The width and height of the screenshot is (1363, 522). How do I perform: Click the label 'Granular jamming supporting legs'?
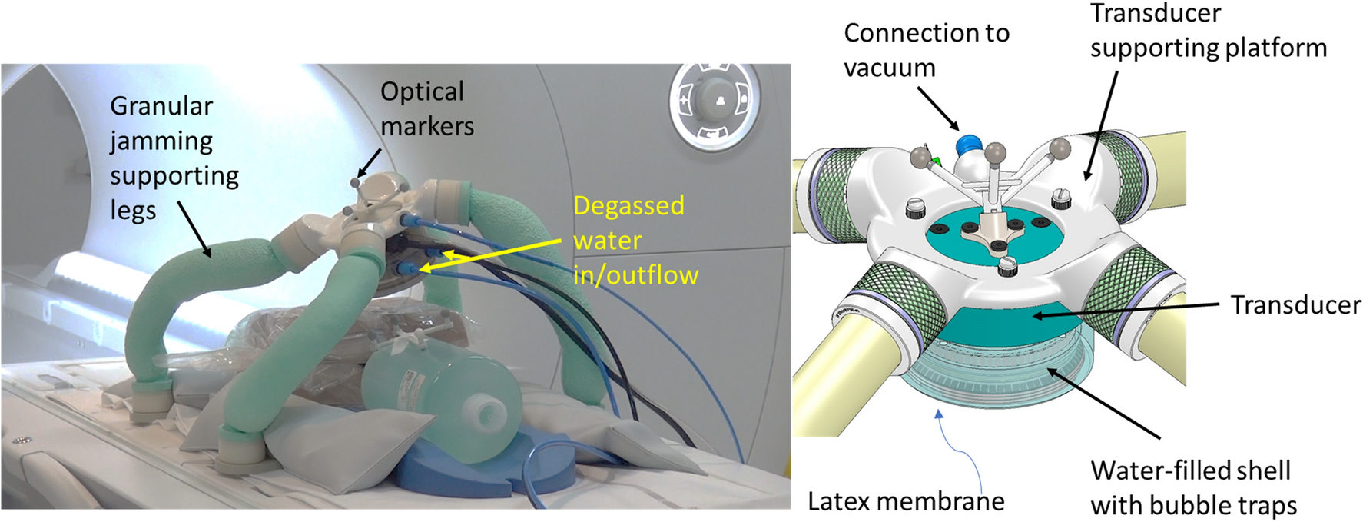pyautogui.click(x=174, y=158)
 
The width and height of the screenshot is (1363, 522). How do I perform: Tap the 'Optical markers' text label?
pyautogui.click(x=426, y=108)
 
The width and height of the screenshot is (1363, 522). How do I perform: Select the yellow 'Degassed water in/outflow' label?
pyautogui.click(x=635, y=240)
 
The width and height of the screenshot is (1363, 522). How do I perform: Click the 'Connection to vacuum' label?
pyautogui.click(x=925, y=50)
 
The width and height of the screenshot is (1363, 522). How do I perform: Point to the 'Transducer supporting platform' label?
pyautogui.click(x=1207, y=31)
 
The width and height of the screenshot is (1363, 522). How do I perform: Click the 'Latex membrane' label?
pyautogui.click(x=905, y=501)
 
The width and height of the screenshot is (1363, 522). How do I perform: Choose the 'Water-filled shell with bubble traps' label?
pyautogui.click(x=1192, y=487)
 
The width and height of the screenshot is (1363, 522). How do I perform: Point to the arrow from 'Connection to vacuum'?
pyautogui.click(x=937, y=108)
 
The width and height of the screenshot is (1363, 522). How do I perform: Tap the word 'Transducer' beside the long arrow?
pyautogui.click(x=1295, y=304)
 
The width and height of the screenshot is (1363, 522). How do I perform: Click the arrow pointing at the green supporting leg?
pyautogui.click(x=194, y=228)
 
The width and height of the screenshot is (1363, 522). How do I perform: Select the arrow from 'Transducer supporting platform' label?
pyautogui.click(x=1102, y=123)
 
